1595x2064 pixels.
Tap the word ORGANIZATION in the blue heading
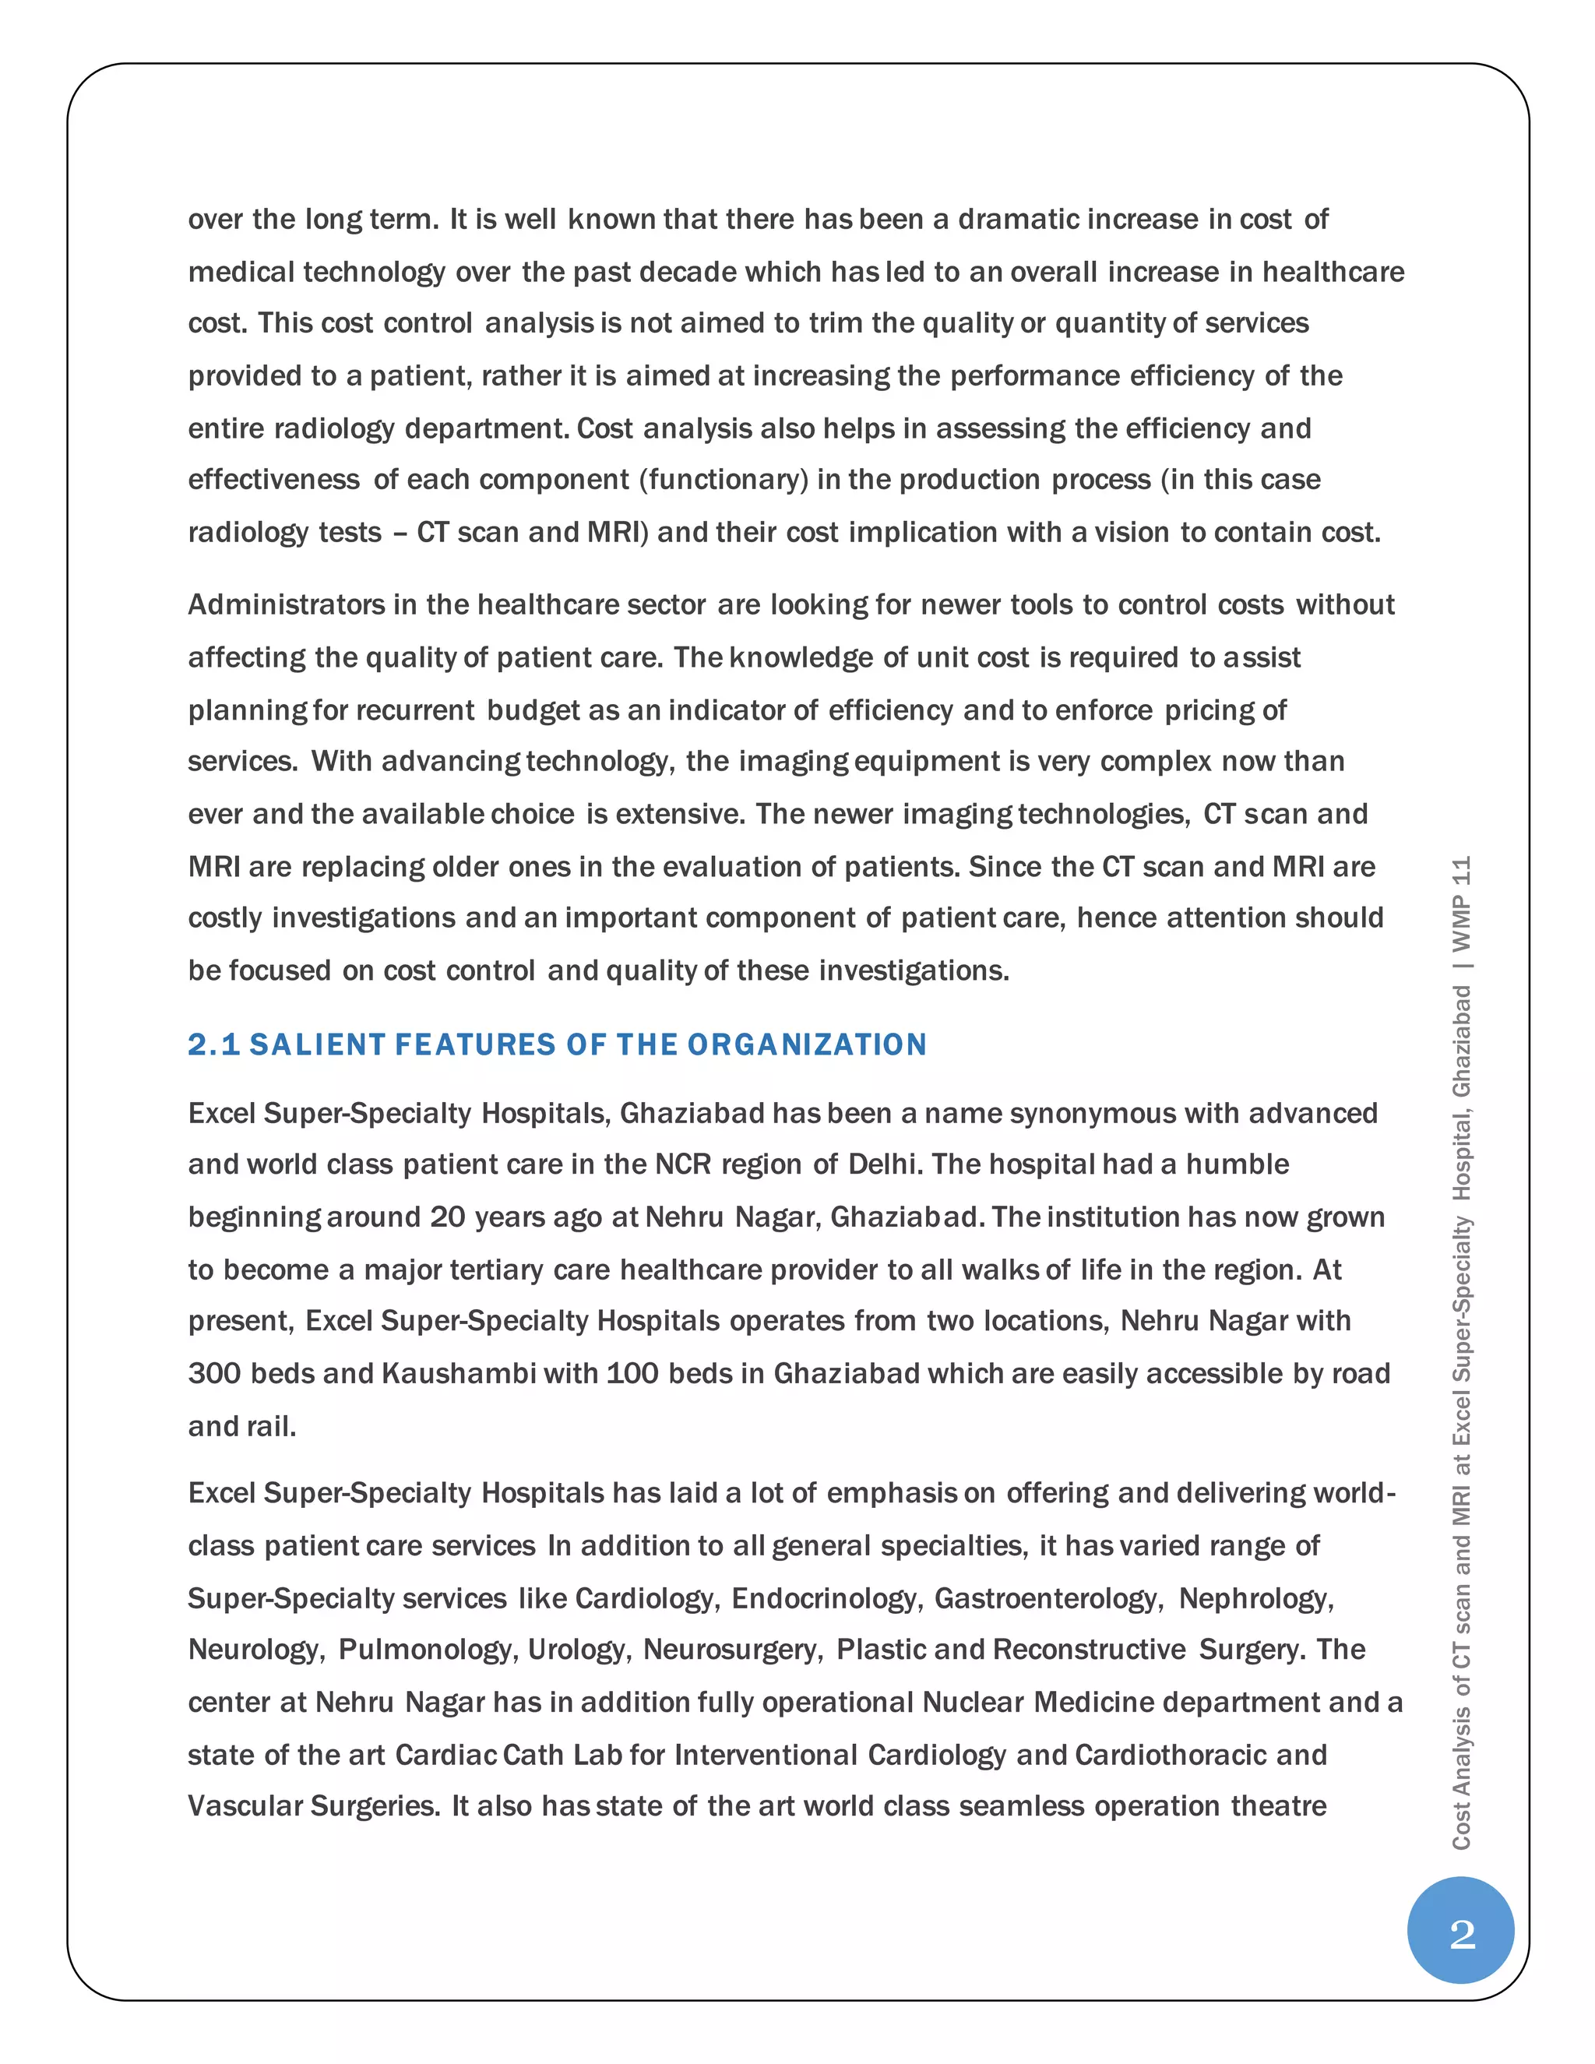806,1044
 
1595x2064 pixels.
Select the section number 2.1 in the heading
213,1044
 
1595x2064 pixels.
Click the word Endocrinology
826,1598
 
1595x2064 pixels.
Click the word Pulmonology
427,1649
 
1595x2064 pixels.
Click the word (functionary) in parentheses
724,480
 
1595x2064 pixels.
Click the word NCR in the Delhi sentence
682,1164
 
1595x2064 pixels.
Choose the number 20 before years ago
447,1217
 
